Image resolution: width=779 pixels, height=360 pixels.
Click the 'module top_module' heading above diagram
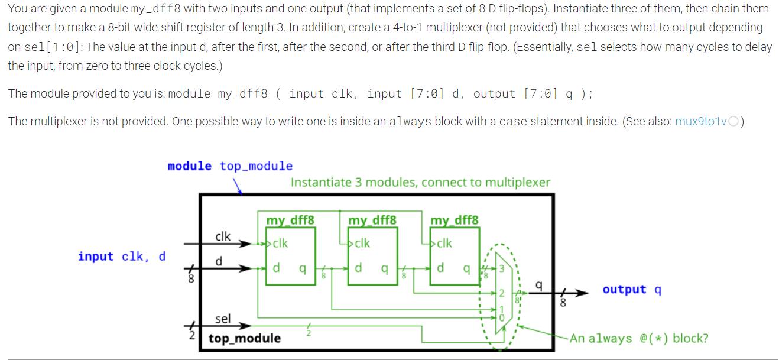tap(230, 166)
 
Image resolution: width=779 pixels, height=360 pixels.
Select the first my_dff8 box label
tap(290, 220)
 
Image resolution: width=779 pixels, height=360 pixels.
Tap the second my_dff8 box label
tap(372, 220)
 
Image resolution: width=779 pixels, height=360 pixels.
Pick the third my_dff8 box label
tap(454, 220)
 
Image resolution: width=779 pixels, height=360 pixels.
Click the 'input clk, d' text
tap(122, 256)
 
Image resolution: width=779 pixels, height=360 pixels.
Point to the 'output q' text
tap(632, 289)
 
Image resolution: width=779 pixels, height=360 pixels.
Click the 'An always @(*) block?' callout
tap(639, 338)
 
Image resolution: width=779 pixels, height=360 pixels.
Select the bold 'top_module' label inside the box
tap(245, 338)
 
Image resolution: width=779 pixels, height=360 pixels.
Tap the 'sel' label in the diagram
tap(223, 319)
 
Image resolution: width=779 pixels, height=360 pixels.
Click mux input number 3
tap(503, 269)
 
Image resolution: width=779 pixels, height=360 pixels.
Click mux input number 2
tap(501, 293)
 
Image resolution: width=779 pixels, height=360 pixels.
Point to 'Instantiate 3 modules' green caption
tap(420, 182)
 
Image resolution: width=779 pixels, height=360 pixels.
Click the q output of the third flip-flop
tap(466, 268)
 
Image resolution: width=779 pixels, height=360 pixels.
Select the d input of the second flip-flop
tap(358, 268)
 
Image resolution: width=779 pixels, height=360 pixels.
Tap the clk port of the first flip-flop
tap(280, 243)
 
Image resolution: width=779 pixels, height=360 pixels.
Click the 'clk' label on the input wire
tap(223, 236)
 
